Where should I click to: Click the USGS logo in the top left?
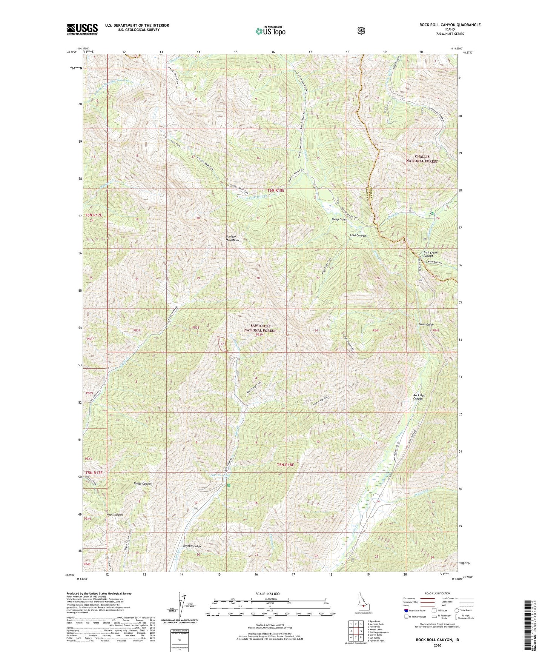82,29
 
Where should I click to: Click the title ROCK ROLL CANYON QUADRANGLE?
450,25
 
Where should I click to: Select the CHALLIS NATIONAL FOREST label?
422,159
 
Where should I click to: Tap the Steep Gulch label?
339,219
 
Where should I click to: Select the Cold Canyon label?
358,236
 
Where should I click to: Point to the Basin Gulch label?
426,325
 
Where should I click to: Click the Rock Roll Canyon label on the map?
419,397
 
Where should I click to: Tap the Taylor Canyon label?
143,483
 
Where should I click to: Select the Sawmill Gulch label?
191,546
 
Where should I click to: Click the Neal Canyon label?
115,515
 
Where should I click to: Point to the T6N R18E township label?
276,191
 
